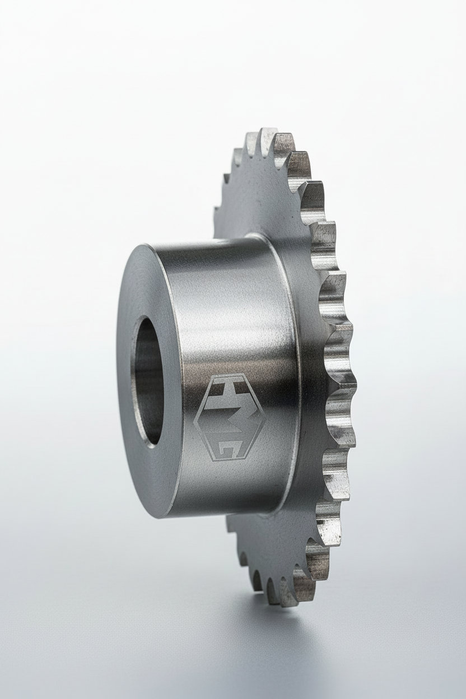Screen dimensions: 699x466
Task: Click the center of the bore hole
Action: [148, 381]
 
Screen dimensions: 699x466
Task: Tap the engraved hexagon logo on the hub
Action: [229, 417]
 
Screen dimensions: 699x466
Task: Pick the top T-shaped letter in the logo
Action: [228, 386]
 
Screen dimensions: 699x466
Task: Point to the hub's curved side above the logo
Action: [230, 302]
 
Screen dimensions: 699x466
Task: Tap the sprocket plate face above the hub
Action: [263, 190]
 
